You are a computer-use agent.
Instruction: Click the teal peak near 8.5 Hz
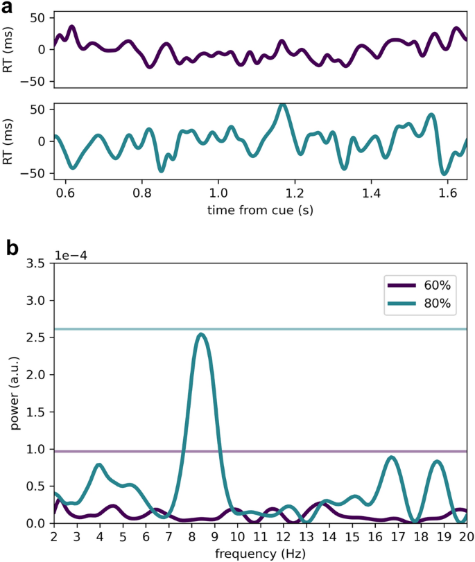point(201,335)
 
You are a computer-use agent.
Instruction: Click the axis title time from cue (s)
point(260,209)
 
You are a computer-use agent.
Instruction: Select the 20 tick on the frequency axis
point(466,536)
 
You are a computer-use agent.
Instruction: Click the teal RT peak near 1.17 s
point(282,105)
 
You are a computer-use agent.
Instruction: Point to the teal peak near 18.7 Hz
point(437,462)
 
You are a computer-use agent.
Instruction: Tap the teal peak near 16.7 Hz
point(392,457)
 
